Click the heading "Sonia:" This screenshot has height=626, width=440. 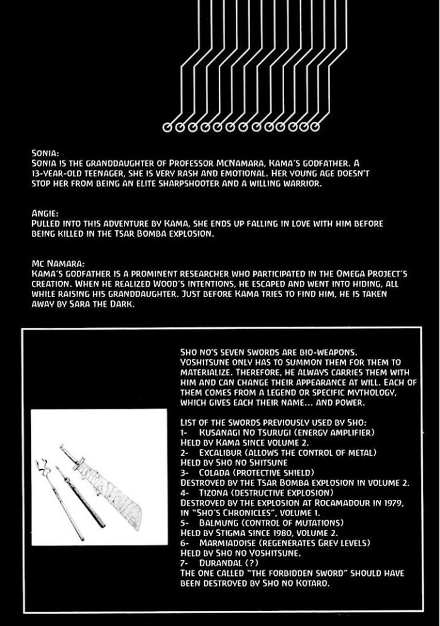click(x=45, y=153)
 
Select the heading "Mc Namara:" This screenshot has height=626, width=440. click(x=53, y=264)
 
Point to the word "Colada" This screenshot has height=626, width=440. click(x=214, y=472)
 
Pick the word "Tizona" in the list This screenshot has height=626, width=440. click(x=214, y=493)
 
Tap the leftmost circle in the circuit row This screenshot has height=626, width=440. click(x=167, y=127)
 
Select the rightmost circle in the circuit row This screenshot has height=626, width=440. click(x=314, y=127)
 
